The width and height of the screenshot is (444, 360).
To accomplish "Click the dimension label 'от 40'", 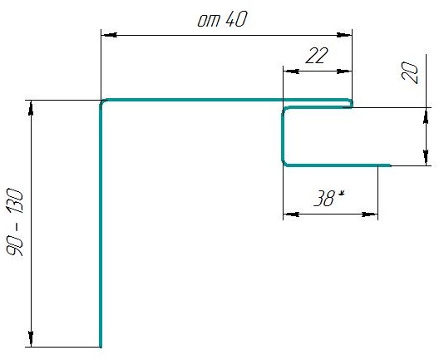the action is point(222,19).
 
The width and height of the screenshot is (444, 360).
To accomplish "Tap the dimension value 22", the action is point(317,56).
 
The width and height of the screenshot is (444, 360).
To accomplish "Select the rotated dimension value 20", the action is point(410,72).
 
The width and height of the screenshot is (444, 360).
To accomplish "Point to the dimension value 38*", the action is point(329,198).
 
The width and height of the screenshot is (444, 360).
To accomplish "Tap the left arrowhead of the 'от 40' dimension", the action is point(109,35).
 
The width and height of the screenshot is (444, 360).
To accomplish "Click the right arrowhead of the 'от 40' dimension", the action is point(344,35).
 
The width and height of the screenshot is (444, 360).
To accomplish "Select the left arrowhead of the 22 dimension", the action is point(291,72).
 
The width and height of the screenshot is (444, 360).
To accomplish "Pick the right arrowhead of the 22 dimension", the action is point(344,72).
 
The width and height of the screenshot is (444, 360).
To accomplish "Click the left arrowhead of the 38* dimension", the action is point(291,215).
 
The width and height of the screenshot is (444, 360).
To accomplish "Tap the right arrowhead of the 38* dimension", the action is point(370,215).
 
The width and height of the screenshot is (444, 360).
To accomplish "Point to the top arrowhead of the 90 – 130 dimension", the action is point(31,108).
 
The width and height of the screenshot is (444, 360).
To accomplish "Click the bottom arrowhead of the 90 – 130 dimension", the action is point(31,338).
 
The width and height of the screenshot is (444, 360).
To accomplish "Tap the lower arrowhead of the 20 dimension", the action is point(426,157).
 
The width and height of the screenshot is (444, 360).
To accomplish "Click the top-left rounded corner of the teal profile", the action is point(102,102).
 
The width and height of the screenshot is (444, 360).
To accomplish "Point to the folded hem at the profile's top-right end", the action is point(351,103).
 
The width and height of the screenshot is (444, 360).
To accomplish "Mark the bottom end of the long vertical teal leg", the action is point(101,347).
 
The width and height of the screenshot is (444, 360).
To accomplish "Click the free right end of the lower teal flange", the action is point(390,165).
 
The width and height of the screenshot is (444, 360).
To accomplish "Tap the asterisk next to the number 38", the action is point(342,194).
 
